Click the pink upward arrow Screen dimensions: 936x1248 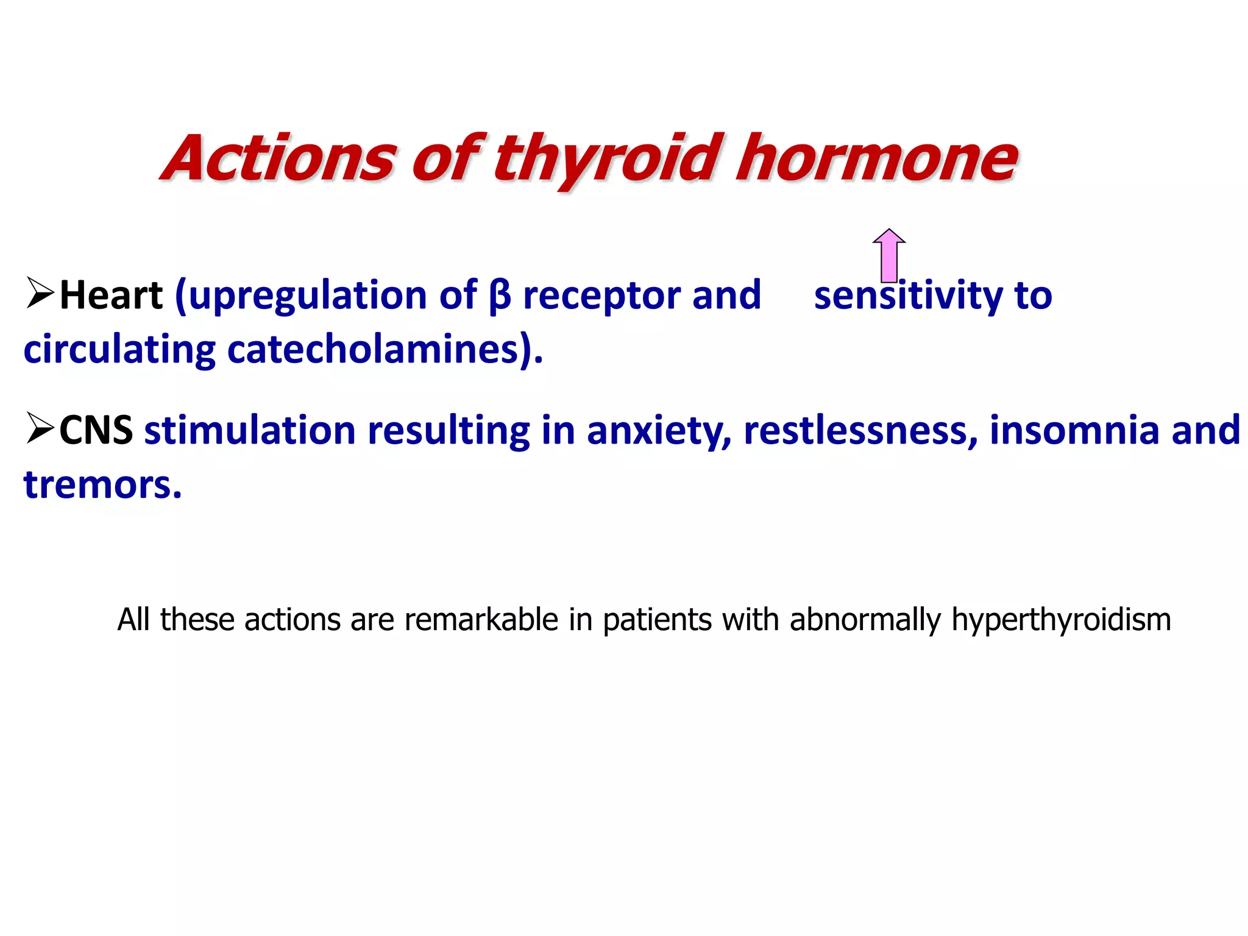pos(889,256)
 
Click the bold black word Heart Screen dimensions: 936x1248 pos(112,296)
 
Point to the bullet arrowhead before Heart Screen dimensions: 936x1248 pos(40,292)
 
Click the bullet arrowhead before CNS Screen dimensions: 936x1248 pos(40,428)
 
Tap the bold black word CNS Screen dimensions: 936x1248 pos(96,430)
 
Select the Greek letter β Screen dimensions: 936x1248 pos(499,296)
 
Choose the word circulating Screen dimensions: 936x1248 pos(119,351)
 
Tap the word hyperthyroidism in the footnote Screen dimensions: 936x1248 pos(1061,620)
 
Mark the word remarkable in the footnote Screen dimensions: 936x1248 pos(481,619)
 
